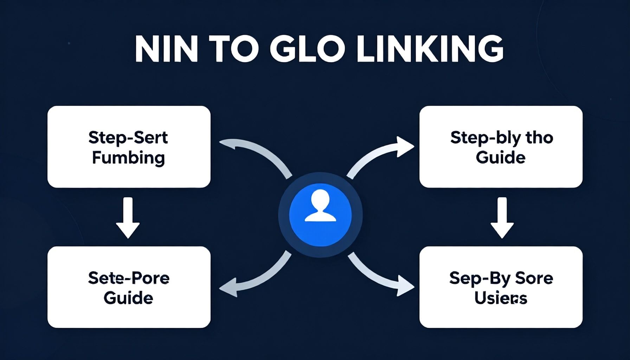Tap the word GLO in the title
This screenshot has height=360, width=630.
[x=306, y=49]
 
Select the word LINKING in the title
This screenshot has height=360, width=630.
[x=430, y=49]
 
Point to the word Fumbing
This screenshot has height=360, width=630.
[x=128, y=158]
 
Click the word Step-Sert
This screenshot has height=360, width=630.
[x=128, y=137]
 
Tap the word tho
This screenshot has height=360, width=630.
[x=539, y=137]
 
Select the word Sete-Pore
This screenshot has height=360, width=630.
[x=129, y=278]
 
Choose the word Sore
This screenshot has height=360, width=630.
[x=534, y=278]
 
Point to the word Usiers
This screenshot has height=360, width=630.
[x=501, y=298]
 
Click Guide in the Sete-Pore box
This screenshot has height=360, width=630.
[x=128, y=298]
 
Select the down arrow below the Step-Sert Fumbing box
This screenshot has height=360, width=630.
[x=128, y=218]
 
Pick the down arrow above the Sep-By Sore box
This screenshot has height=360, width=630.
[x=502, y=218]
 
